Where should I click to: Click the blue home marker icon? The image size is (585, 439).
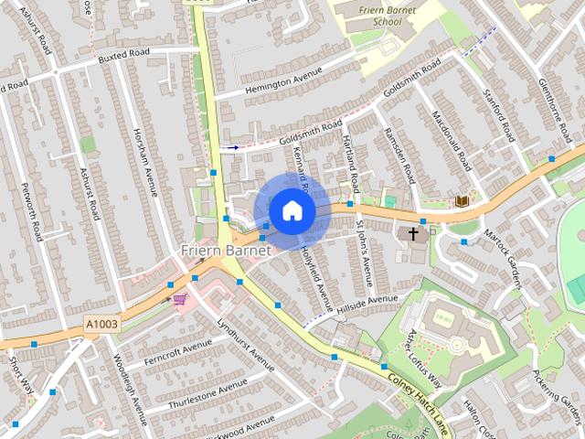click(x=292, y=210)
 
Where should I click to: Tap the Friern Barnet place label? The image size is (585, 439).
click(x=226, y=250)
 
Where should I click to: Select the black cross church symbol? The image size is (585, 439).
click(x=412, y=234)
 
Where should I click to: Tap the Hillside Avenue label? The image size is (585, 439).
click(x=368, y=301)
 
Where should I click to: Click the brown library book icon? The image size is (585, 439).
click(x=462, y=200)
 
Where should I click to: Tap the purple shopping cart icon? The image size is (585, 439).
click(x=180, y=298)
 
